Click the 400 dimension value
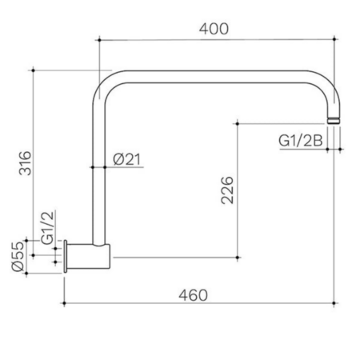tap(214, 29)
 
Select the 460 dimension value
tap(193, 295)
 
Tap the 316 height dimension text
tap(26, 163)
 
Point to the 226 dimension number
tap(227, 190)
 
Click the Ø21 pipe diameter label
tap(126, 159)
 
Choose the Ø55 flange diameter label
tap(18, 257)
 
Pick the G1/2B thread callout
tap(301, 141)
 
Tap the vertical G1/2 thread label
tap(48, 227)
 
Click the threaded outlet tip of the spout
tap(334, 120)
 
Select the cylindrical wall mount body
tap(88, 256)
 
